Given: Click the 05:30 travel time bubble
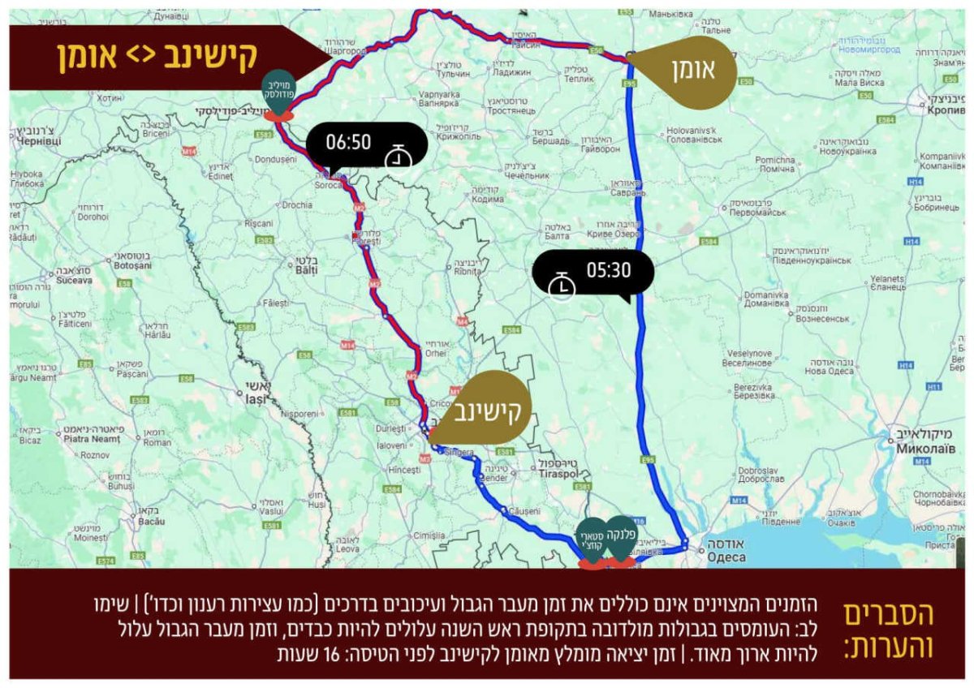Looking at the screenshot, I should tap(593, 271).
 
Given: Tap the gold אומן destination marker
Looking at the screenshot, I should tap(690, 71).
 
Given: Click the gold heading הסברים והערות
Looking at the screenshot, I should tap(889, 630).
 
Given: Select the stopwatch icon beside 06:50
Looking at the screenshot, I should tap(398, 157).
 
